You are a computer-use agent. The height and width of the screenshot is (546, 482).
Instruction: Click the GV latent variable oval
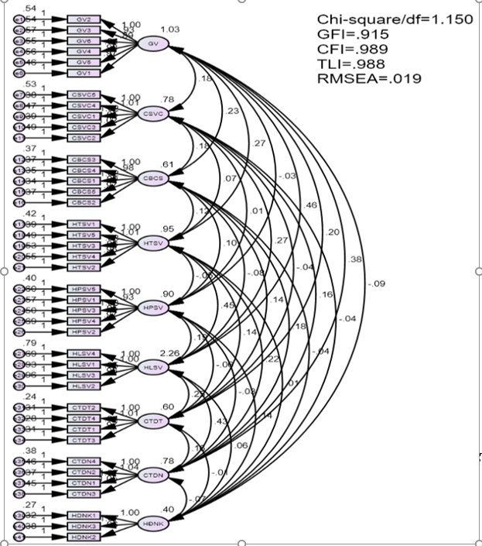click(152, 43)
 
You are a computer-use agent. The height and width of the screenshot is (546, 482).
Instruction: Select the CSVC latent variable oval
click(152, 114)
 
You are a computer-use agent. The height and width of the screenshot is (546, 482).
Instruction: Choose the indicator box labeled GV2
click(84, 19)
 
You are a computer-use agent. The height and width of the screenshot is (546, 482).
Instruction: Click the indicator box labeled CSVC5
click(84, 94)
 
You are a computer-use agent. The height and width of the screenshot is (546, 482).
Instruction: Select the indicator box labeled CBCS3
click(84, 159)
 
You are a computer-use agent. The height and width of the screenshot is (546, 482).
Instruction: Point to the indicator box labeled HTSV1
click(84, 224)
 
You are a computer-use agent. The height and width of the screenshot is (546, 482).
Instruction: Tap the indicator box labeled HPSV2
click(84, 331)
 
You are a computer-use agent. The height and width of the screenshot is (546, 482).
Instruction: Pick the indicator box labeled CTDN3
click(84, 493)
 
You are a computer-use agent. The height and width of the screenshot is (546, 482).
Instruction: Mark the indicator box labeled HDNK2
click(84, 537)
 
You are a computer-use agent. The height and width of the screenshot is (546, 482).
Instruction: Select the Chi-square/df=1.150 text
click(395, 20)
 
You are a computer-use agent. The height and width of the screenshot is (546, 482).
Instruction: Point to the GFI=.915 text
click(353, 35)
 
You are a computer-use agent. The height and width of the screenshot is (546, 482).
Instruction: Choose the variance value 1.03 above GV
click(169, 29)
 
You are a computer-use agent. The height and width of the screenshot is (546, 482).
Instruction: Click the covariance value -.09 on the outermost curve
click(377, 284)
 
